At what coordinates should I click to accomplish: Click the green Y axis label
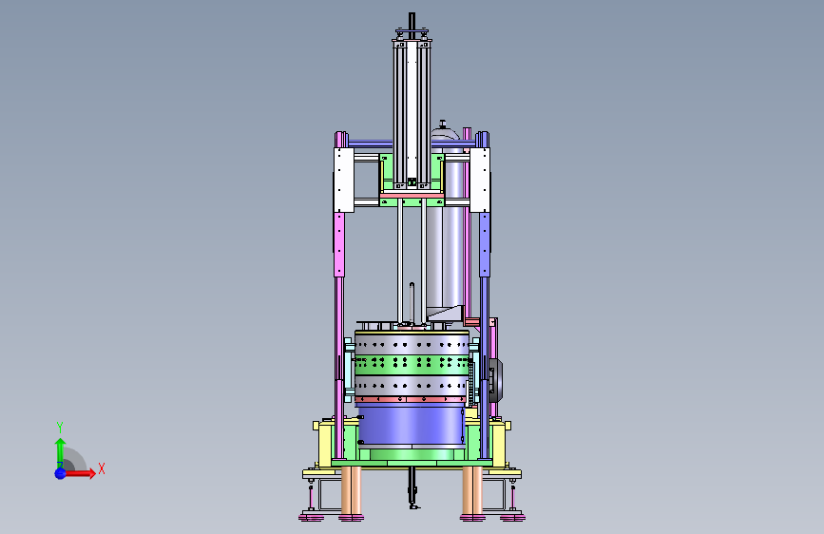point(59,428)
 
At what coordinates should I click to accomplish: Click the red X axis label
point(102,468)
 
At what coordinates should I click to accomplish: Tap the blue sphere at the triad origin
point(61,473)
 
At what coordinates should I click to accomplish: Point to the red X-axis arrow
point(79,473)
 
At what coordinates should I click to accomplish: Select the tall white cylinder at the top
point(412,113)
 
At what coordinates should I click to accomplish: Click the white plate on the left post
point(343,180)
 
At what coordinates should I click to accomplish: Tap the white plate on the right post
point(480,180)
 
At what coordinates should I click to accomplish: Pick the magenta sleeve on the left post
point(339,244)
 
